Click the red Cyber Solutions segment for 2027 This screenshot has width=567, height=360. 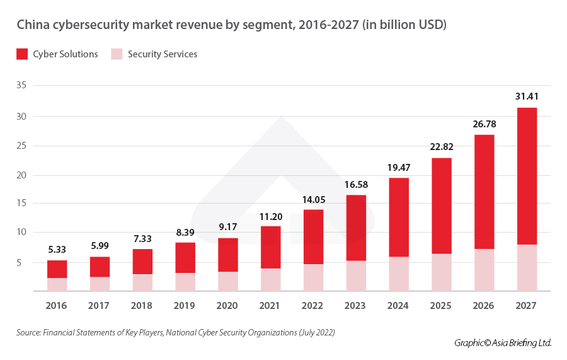pos(527,176)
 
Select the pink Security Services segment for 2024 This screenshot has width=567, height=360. pos(398,274)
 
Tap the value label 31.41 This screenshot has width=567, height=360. pos(527,96)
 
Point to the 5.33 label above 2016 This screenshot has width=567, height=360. pos(57,250)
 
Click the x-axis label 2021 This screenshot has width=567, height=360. pos(271,306)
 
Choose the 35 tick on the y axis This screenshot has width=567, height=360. pos(24,85)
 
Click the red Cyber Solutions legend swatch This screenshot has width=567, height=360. pos(22,54)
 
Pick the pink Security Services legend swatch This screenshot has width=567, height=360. pos(117,54)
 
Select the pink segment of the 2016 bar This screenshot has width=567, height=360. pos(57,284)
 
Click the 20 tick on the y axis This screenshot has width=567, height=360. pos(24,175)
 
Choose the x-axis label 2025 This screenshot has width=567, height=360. pos(441,306)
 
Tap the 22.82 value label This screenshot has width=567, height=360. pos(441,147)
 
